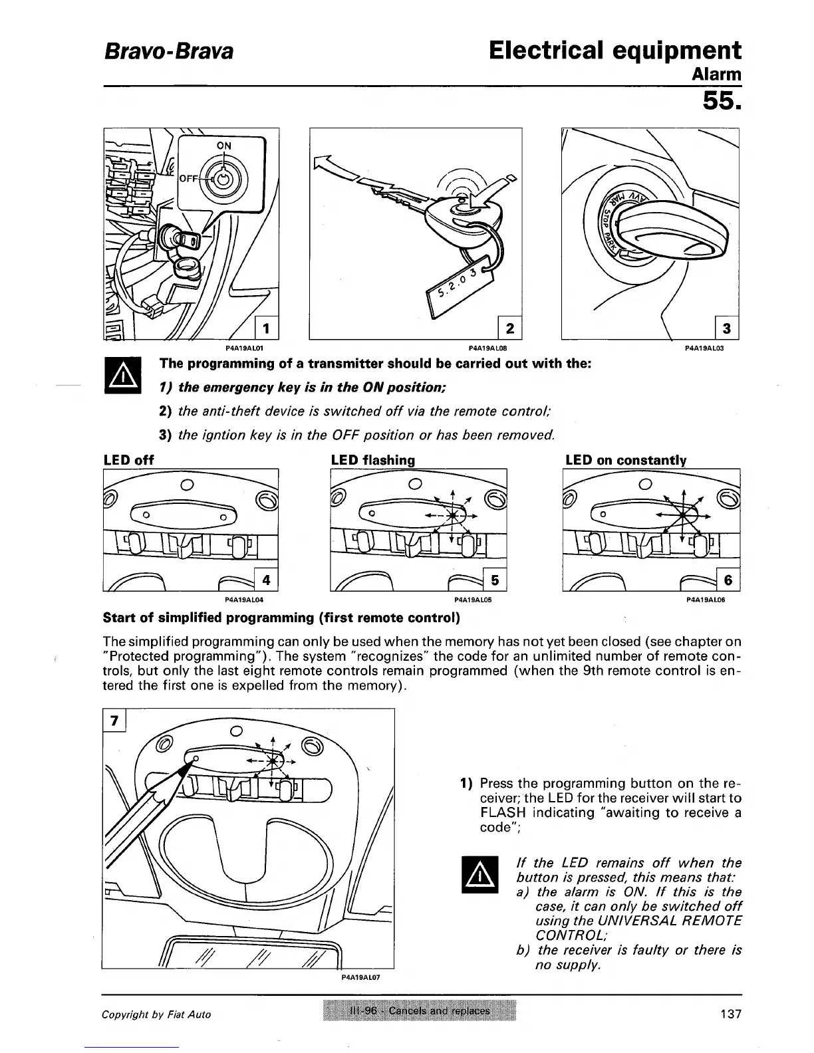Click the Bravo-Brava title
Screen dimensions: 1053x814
pos(167,51)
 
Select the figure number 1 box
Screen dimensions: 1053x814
pos(266,328)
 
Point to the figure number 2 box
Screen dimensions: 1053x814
pos(509,328)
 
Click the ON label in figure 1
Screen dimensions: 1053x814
pos(225,146)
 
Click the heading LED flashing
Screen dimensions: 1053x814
pos(372,460)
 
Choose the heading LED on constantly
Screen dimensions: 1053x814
pos(625,460)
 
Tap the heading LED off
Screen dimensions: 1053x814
pos(129,460)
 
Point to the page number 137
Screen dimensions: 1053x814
pos(730,1014)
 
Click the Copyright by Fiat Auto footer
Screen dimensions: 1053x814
pos(156,1014)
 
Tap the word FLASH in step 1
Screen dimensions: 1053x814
pos(503,812)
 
